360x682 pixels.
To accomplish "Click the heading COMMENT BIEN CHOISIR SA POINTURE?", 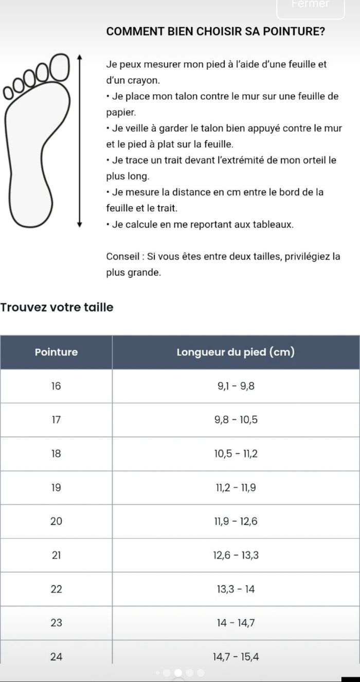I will click(x=215, y=31).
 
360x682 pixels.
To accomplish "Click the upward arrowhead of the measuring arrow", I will click(x=79, y=56).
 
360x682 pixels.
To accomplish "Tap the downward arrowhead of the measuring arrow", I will click(x=79, y=224).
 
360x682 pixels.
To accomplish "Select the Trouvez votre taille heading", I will click(x=57, y=308).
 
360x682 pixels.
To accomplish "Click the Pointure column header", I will click(x=56, y=352).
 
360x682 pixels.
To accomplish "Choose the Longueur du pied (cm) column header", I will click(x=236, y=352).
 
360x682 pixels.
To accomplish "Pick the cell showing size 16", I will click(x=56, y=386).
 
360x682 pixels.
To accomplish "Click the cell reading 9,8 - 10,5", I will click(x=236, y=420).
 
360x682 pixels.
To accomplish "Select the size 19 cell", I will click(x=56, y=488).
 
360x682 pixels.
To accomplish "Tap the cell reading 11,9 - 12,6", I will click(x=236, y=522).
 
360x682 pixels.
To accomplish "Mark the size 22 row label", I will click(x=56, y=589).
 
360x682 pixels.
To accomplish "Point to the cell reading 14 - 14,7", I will click(x=236, y=623).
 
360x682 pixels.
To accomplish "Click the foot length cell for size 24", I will click(x=236, y=656).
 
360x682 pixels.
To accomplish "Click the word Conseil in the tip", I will click(x=121, y=257).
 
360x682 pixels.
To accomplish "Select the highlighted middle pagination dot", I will click(x=178, y=672).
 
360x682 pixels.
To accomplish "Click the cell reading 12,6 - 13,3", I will click(x=236, y=555).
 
